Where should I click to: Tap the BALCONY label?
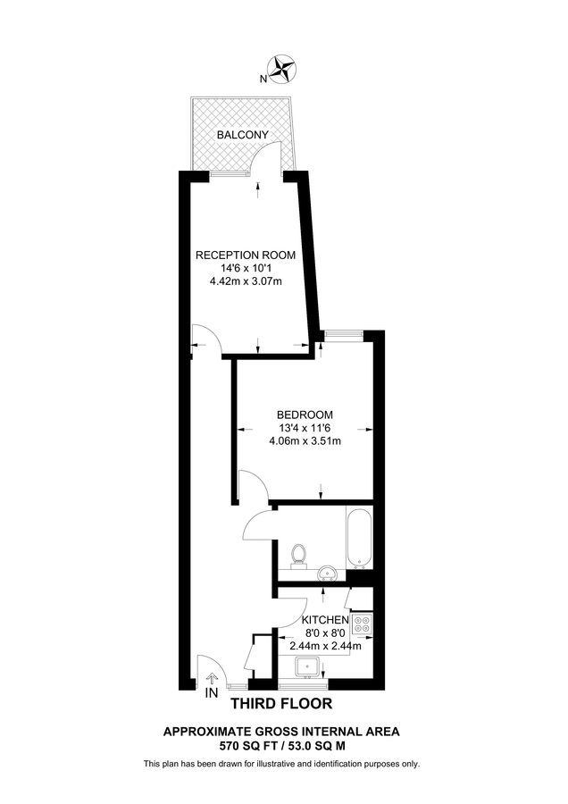coord(243,135)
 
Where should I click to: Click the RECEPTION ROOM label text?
coord(246,255)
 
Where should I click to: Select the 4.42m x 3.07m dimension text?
coord(246,282)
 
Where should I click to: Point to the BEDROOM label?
coord(305,415)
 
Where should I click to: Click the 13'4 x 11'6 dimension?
coord(305,428)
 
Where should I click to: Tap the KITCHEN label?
coord(324,620)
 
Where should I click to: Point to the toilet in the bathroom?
coord(300,556)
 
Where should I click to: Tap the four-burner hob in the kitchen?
coord(363,624)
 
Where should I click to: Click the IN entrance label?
coord(212,693)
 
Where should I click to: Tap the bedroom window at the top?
coord(343,335)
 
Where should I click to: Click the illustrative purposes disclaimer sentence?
coord(282,764)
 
